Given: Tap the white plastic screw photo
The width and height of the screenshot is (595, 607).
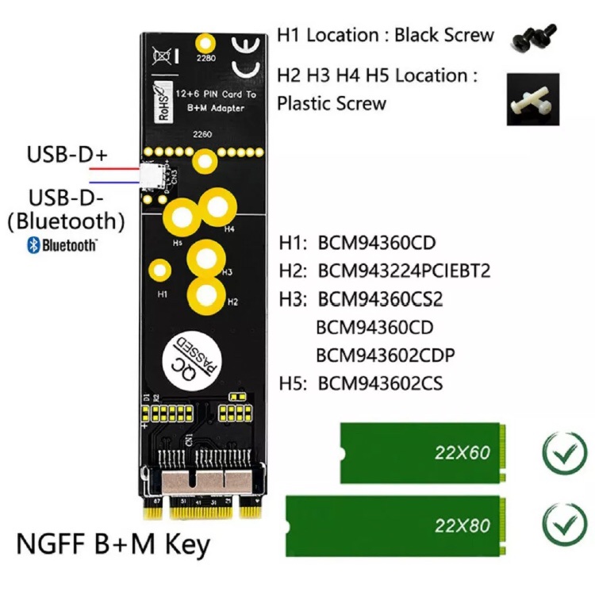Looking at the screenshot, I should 532,98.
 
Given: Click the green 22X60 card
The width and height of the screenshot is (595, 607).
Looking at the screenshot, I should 420,453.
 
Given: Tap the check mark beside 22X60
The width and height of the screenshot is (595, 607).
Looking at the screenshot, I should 564,454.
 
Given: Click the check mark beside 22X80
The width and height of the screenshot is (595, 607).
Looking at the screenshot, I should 564,524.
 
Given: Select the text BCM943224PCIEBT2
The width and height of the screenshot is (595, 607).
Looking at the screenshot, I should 404,271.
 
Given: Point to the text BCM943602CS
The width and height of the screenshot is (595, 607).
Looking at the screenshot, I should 380,384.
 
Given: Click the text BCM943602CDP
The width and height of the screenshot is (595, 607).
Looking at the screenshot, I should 386,355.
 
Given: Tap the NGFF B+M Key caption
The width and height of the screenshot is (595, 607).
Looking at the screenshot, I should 113,545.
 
